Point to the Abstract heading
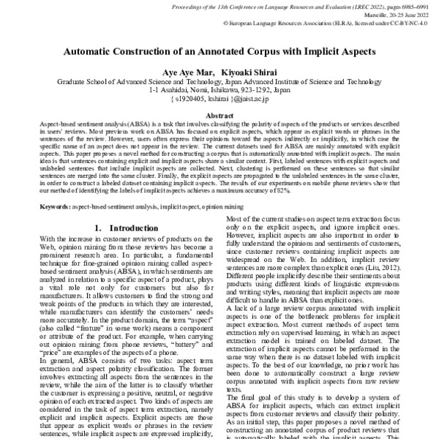pos(219,116)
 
